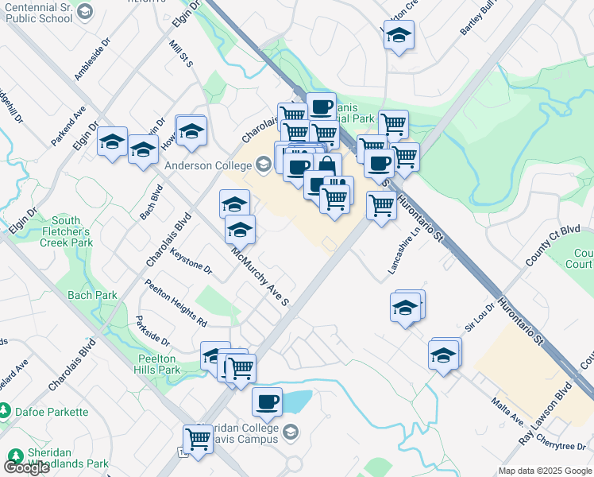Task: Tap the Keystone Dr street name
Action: (x=191, y=260)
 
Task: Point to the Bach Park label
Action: (x=92, y=295)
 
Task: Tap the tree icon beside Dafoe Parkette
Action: (x=6, y=411)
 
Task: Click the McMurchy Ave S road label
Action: (x=260, y=278)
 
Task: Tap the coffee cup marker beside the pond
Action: (x=267, y=401)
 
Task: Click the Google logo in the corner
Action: (x=26, y=467)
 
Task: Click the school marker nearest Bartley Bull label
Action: (x=399, y=35)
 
